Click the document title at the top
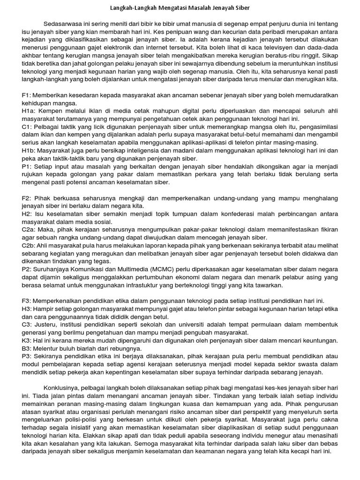(x=180, y=8)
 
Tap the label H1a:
(x=29, y=112)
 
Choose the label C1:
(x=27, y=127)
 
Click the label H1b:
(x=30, y=151)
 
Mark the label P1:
(x=27, y=167)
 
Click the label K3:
(x=27, y=341)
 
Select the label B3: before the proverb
(x=27, y=349)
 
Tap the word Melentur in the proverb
(x=48, y=349)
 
